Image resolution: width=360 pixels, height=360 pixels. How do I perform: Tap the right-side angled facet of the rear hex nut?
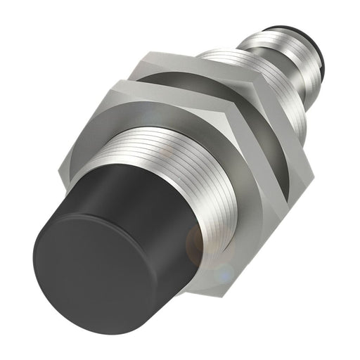click(299, 141)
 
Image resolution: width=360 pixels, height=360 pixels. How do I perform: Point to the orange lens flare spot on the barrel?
click(200, 243)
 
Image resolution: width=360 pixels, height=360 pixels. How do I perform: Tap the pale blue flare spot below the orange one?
click(224, 271)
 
